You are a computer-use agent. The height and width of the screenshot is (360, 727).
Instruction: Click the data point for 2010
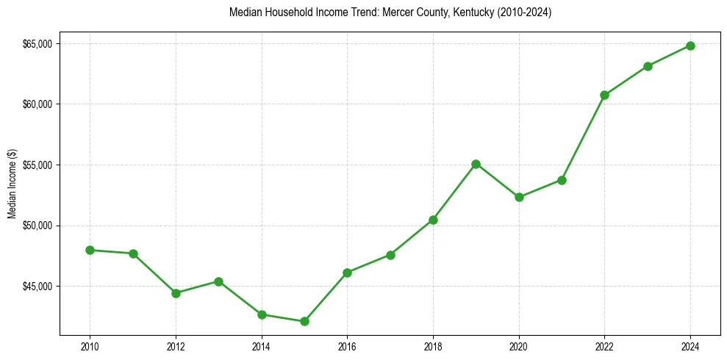click(x=90, y=250)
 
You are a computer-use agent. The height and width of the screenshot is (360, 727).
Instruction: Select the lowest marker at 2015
click(x=304, y=321)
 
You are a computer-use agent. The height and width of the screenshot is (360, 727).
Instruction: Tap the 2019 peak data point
click(x=476, y=164)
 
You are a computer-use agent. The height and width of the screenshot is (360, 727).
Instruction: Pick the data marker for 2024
click(x=690, y=46)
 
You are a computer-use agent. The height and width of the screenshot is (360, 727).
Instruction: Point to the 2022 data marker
click(x=604, y=95)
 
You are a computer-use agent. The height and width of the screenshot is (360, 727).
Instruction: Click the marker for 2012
click(x=176, y=293)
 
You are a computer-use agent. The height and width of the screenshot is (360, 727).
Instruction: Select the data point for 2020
click(x=519, y=197)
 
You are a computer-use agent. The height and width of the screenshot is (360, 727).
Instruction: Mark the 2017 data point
click(x=390, y=255)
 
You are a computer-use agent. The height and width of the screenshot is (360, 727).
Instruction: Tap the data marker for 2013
click(x=218, y=281)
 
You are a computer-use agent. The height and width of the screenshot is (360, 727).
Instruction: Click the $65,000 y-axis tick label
click(x=37, y=43)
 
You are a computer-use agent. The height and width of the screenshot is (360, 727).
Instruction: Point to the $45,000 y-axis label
click(x=37, y=286)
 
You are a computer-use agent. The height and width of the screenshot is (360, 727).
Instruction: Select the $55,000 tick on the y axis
click(x=37, y=165)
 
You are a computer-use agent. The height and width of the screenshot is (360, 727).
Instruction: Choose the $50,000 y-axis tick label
click(x=37, y=225)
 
